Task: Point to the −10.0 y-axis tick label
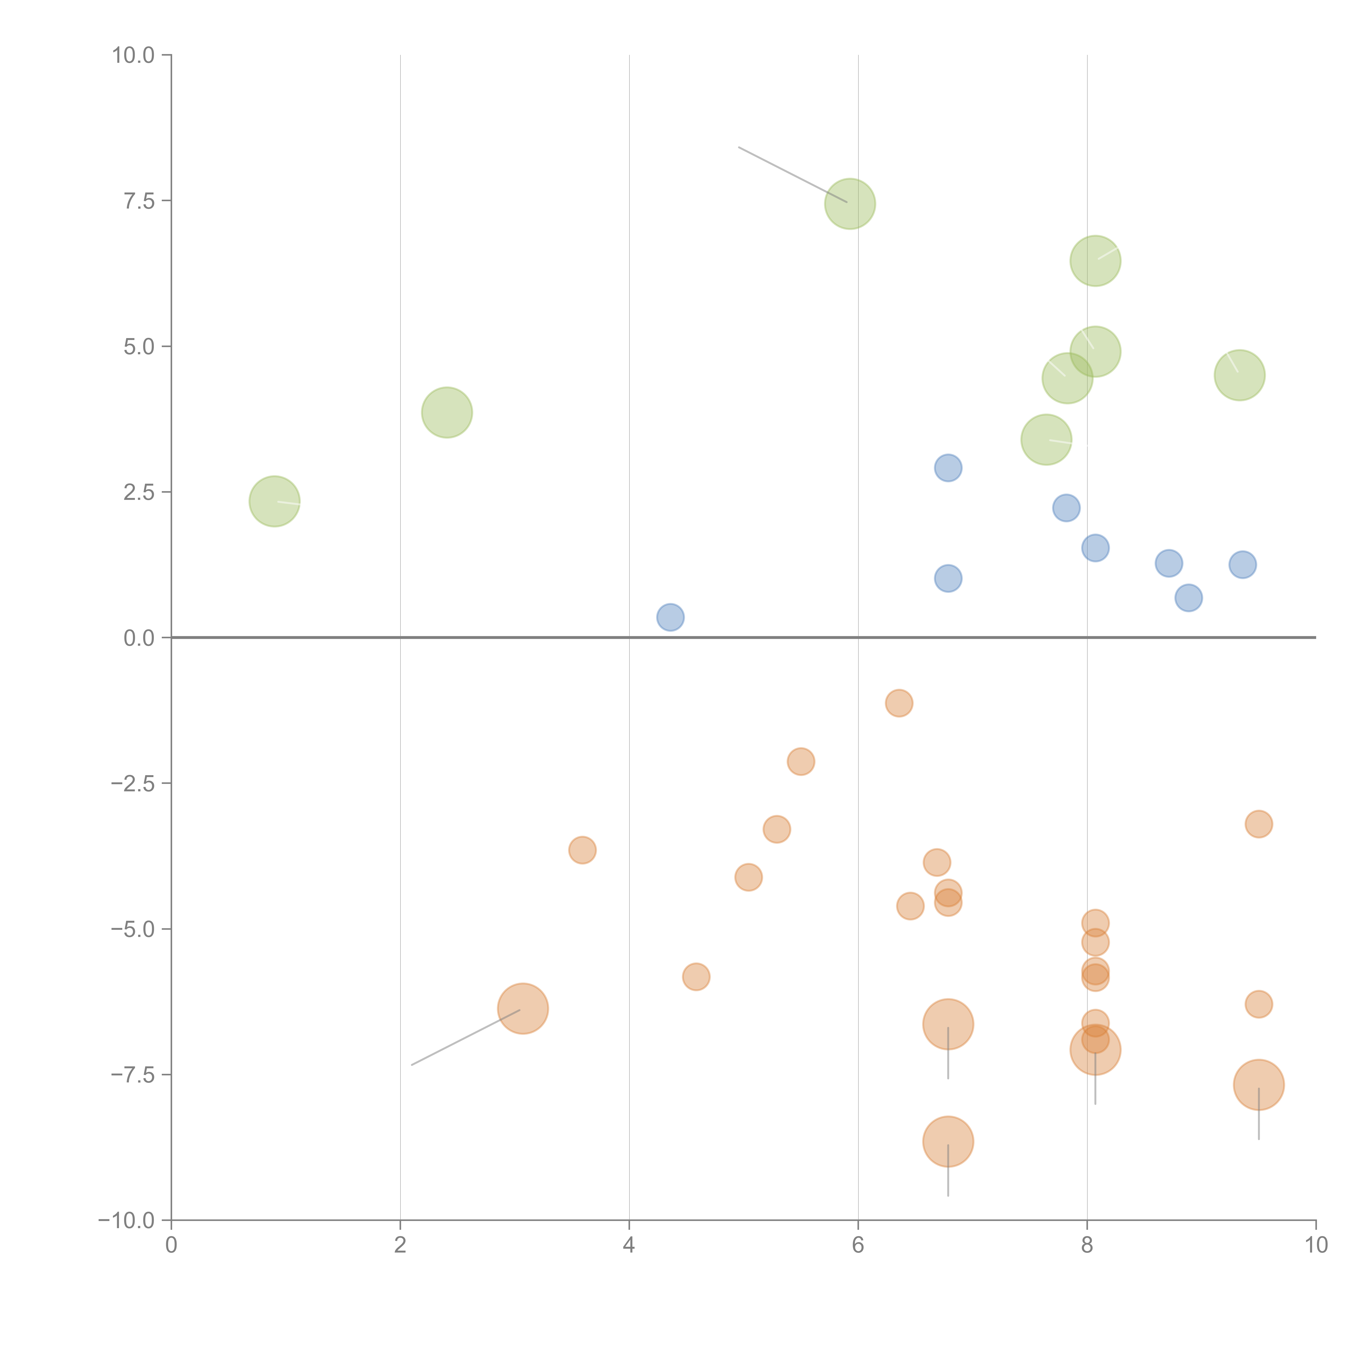tap(126, 1220)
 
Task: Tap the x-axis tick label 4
tap(629, 1245)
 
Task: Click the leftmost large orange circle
tap(523, 1009)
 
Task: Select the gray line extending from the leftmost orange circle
tap(461, 1039)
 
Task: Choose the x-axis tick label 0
tap(171, 1245)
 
